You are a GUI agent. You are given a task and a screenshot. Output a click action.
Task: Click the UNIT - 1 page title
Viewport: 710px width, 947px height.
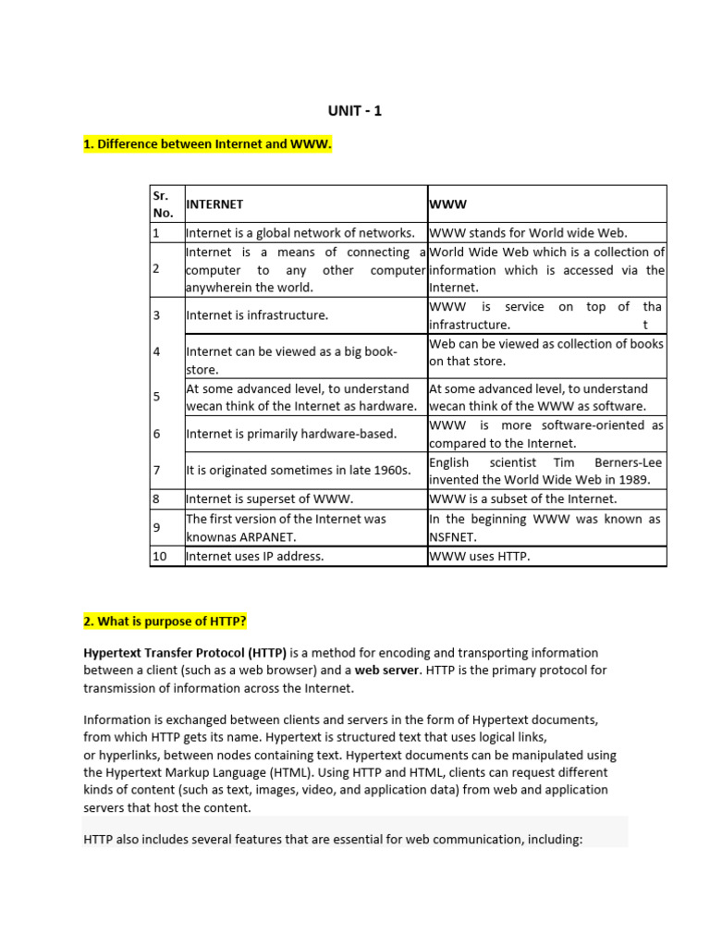tap(355, 111)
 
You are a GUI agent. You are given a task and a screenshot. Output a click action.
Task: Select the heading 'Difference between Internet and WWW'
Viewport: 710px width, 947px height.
tap(207, 146)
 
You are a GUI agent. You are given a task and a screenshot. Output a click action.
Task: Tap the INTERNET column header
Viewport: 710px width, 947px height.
tap(214, 203)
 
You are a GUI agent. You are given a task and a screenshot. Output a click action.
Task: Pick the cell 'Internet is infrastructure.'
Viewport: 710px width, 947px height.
tap(257, 315)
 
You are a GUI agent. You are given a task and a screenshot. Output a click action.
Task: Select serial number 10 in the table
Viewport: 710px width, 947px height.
tap(161, 557)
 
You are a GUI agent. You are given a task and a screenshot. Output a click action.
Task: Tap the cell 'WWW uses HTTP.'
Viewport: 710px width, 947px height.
tap(480, 557)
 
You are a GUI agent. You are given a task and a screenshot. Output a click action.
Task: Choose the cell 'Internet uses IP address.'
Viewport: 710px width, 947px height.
tap(255, 557)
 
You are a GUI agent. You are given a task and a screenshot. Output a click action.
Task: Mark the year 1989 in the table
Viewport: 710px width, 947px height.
tap(634, 479)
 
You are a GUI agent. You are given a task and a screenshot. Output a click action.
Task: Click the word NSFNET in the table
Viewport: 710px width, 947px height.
tap(451, 537)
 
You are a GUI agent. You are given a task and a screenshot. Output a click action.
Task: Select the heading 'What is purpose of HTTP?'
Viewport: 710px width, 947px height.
tap(165, 619)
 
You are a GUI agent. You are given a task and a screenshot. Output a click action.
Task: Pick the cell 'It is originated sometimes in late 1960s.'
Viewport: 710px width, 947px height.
tap(299, 471)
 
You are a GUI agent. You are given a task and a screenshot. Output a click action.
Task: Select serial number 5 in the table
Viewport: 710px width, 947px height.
tap(157, 397)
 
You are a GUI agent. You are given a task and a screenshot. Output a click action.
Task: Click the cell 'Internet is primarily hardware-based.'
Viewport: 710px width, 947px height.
tap(291, 434)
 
